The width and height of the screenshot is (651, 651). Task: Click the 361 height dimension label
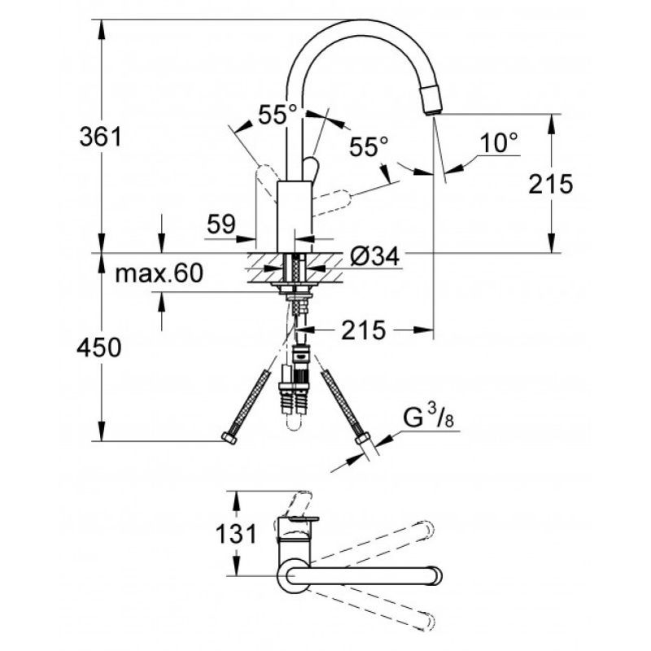(x=101, y=137)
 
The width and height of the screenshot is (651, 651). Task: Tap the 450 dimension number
(x=98, y=347)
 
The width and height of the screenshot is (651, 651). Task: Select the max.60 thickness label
(x=159, y=273)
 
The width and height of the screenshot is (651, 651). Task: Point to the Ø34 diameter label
(x=374, y=256)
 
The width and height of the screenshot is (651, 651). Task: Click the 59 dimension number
(x=221, y=225)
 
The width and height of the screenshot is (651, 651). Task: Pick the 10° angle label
(x=499, y=142)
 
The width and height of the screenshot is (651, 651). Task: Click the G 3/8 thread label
(x=428, y=417)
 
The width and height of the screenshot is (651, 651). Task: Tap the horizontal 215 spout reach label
(x=363, y=330)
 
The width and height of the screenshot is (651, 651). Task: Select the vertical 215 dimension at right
(x=551, y=184)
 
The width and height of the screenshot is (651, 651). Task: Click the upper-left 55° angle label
(x=277, y=114)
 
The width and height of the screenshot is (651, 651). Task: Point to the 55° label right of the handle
(x=369, y=146)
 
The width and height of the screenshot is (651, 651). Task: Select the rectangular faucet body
(x=295, y=216)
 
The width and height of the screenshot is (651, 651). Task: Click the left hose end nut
(x=229, y=438)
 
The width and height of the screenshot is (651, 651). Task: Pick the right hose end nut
(x=362, y=439)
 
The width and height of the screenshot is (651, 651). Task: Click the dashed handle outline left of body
(x=267, y=182)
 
